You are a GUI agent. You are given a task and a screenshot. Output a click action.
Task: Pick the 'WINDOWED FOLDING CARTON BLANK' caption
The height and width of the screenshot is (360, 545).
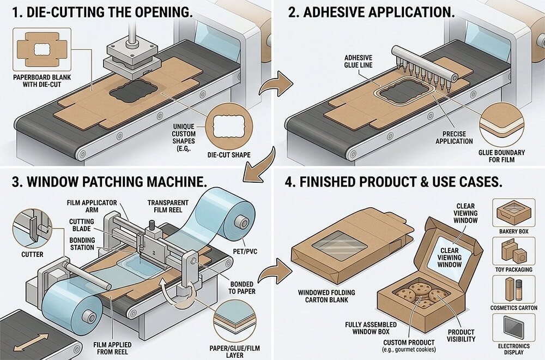coord(326,296)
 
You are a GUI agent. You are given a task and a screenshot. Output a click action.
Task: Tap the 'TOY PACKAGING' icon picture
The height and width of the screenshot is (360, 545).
coord(511,252)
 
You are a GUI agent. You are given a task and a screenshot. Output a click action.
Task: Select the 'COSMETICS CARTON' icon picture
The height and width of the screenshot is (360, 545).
coord(511,290)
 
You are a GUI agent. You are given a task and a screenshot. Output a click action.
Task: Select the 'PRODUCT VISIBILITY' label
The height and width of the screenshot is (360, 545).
coord(461,335)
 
